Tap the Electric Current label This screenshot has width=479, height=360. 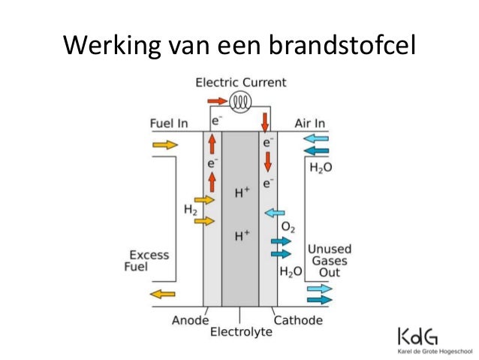click(241, 83)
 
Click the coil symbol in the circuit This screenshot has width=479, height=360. click(240, 101)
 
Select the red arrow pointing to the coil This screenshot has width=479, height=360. click(218, 101)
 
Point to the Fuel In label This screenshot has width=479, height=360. click(169, 123)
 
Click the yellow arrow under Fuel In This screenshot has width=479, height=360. click(165, 144)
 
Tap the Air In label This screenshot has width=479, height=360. click(309, 123)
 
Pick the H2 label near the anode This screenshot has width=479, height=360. click(190, 210)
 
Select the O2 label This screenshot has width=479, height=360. click(288, 227)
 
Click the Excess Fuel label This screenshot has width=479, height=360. click(146, 261)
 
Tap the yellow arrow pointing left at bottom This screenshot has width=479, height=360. click(162, 295)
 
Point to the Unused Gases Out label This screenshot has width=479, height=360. click(330, 261)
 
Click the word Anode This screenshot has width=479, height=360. click(190, 321)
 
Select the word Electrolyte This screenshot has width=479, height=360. click(241, 332)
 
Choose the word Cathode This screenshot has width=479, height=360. click(298, 321)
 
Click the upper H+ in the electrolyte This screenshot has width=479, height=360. click(243, 192)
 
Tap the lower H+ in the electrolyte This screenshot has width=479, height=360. click(243, 236)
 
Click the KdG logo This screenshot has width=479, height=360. click(417, 336)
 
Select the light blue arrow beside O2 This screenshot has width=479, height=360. click(274, 213)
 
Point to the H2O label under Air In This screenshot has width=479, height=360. click(321, 168)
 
